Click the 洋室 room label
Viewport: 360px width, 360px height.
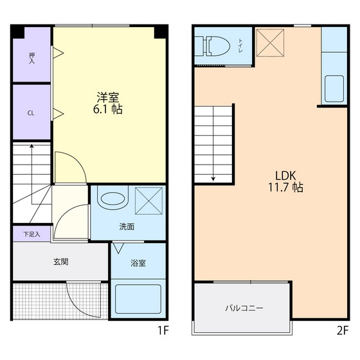[x=108, y=98]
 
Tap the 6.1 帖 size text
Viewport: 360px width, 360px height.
[x=108, y=110]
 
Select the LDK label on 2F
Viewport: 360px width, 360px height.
[x=286, y=175]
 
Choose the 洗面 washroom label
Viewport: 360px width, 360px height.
[x=126, y=226]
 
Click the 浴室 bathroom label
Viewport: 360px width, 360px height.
[x=138, y=263]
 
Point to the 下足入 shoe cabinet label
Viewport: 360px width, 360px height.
[x=32, y=234]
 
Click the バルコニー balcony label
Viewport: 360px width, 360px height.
[x=244, y=308]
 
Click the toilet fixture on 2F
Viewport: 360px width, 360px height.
[x=213, y=45]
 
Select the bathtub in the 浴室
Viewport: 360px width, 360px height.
[x=137, y=299]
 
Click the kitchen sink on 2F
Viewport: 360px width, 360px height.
[x=334, y=88]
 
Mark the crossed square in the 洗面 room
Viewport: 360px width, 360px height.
[x=149, y=200]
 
